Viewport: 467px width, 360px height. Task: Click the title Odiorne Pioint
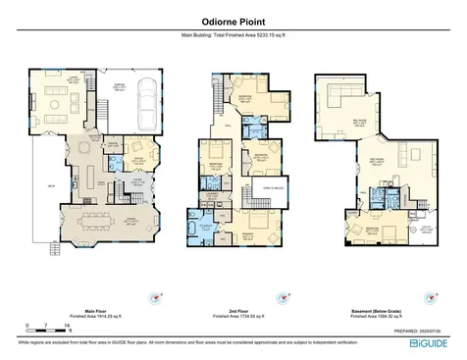[x=233, y=20]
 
